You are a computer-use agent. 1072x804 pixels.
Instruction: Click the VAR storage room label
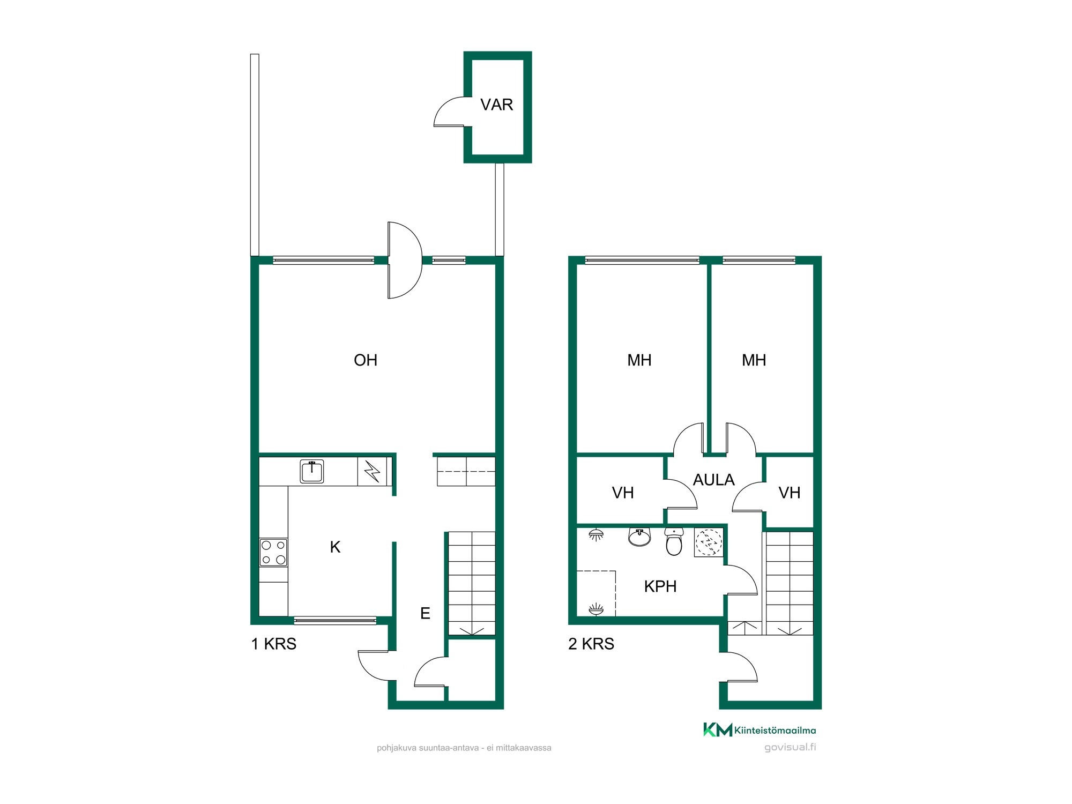[x=496, y=105]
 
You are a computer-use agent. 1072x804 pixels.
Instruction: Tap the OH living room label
[x=366, y=360]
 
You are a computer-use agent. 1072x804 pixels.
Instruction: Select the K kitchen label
[x=335, y=547]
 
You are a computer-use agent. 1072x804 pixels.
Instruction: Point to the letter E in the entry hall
[x=425, y=613]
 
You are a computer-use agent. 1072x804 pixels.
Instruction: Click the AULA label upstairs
[x=713, y=480]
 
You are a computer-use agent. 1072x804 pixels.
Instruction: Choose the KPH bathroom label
[x=660, y=586]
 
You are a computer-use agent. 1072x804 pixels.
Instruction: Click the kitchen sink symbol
[x=312, y=472]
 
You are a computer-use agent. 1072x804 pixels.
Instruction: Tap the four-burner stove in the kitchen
[x=273, y=553]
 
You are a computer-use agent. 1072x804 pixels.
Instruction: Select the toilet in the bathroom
[x=674, y=541]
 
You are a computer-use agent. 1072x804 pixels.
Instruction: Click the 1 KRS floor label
[x=273, y=644]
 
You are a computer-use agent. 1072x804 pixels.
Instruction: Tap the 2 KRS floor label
[x=591, y=644]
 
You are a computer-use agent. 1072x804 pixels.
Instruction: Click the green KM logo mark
[x=718, y=729]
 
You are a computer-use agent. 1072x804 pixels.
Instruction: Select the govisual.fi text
[x=790, y=747]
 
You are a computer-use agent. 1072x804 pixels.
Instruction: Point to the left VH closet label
[x=623, y=493]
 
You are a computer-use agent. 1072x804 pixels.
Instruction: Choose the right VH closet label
[x=790, y=493]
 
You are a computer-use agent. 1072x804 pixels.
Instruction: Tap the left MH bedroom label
[x=639, y=360]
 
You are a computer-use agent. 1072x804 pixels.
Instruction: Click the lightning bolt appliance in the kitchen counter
[x=372, y=472]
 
